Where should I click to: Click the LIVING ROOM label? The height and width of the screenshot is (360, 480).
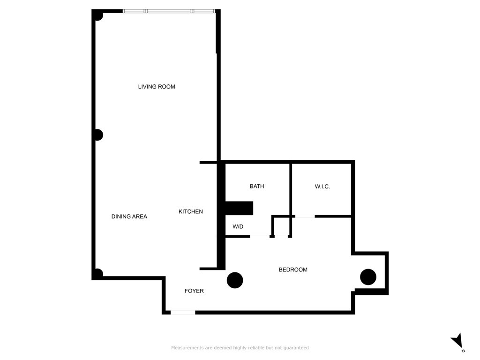click(x=157, y=87)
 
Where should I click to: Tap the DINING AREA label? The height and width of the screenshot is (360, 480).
click(x=129, y=217)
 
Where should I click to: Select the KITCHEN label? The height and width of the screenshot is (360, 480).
click(x=191, y=212)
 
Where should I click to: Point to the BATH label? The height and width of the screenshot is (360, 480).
click(x=257, y=187)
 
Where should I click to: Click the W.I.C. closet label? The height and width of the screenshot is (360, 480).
click(x=322, y=187)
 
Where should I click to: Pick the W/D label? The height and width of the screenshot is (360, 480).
click(x=238, y=227)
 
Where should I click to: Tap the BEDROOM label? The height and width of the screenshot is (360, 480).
click(x=293, y=270)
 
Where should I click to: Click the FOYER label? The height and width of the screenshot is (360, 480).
click(x=194, y=291)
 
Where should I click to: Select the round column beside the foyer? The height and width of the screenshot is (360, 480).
click(x=235, y=280)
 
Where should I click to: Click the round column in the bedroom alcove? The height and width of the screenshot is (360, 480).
click(x=368, y=277)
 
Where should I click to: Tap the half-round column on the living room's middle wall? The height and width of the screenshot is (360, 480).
click(x=98, y=135)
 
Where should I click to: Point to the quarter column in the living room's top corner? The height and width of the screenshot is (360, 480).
click(x=98, y=15)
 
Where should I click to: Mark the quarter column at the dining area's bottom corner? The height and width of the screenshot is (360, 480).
click(x=98, y=273)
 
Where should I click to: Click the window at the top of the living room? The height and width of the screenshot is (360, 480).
click(x=169, y=11)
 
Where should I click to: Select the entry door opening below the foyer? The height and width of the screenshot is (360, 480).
click(x=183, y=312)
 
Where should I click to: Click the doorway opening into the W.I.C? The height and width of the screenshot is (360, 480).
click(x=305, y=216)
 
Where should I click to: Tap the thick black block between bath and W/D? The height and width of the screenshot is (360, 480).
click(x=239, y=208)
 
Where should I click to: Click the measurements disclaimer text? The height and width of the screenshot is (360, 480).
click(x=240, y=348)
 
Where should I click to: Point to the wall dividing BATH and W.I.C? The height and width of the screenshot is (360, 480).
click(x=291, y=187)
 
